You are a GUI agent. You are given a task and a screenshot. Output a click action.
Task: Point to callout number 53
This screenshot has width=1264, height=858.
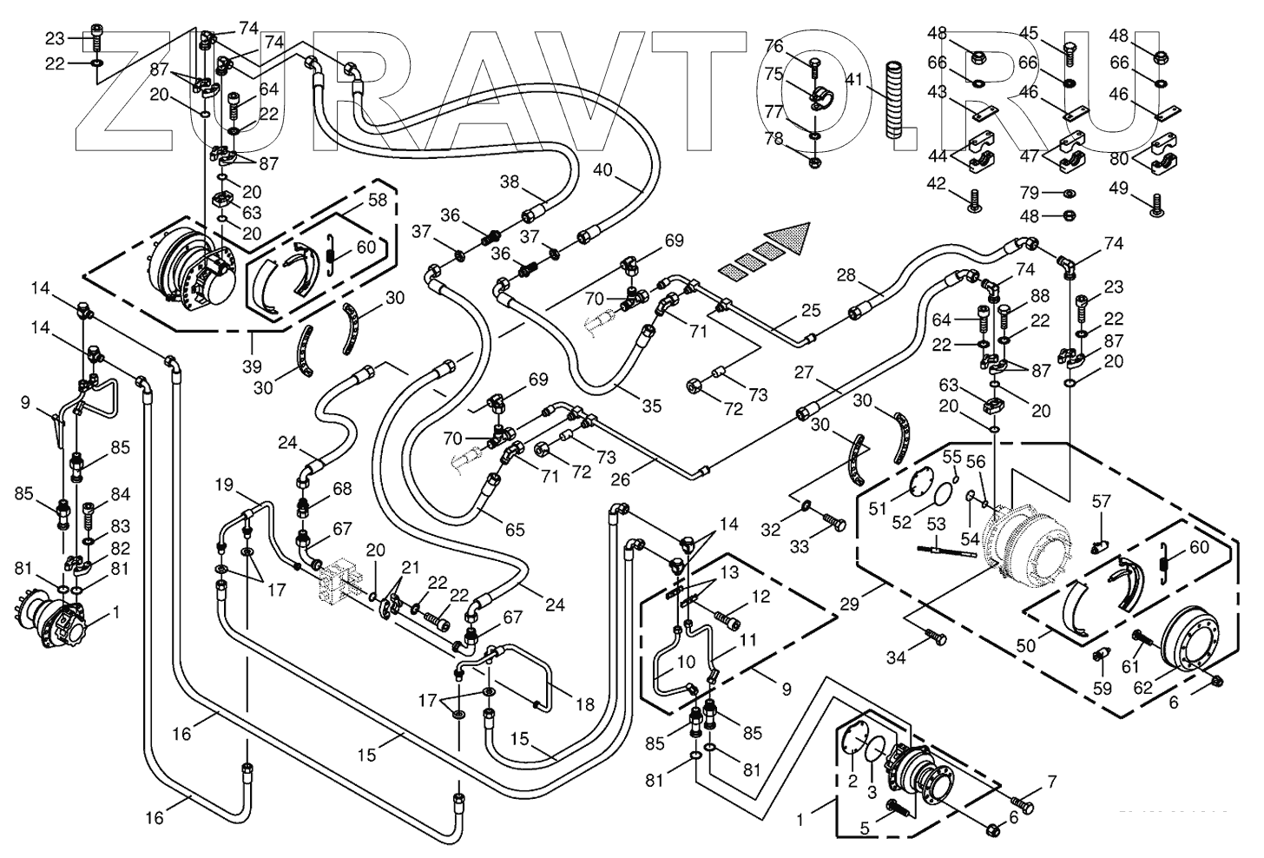936,525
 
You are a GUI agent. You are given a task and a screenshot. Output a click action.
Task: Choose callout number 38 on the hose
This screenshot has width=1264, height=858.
509,182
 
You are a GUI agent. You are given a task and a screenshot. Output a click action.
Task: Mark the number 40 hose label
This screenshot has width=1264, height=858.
602,169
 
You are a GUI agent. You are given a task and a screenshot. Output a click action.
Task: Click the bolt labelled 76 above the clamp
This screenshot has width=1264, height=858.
814,63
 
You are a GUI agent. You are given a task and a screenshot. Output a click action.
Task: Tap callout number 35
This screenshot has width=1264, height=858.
651,406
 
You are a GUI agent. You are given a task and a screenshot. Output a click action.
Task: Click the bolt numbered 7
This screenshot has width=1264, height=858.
1023,807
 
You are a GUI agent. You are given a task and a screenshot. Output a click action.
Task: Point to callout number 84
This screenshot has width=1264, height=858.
121,495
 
